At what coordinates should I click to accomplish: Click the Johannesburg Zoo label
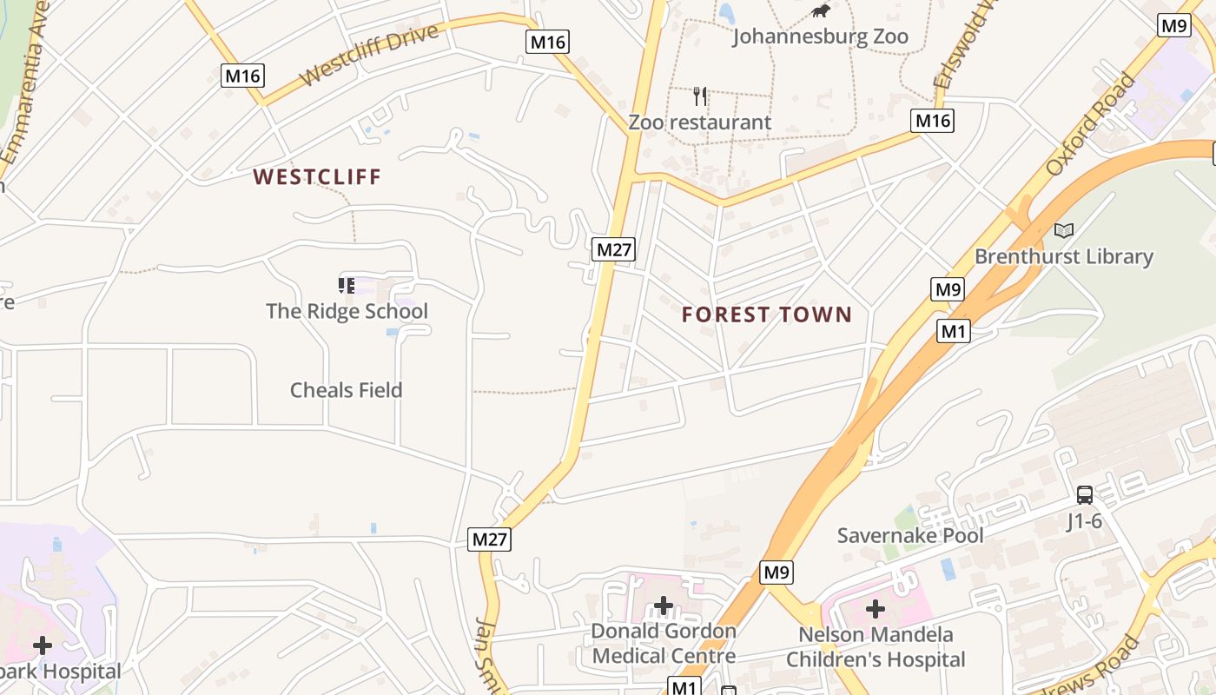(x=820, y=36)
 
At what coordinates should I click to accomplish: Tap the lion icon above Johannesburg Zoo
(x=820, y=11)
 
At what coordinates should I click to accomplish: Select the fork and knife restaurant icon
(x=700, y=96)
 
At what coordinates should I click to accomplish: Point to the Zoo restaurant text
(x=699, y=122)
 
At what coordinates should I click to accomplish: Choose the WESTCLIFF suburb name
(x=317, y=177)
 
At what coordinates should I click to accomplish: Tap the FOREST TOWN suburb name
(x=767, y=314)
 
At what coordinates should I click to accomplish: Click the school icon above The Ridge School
(x=347, y=285)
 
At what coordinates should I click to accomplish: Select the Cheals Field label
(x=346, y=390)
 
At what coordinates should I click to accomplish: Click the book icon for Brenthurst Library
(x=1064, y=230)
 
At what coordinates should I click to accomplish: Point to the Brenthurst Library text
(x=1064, y=257)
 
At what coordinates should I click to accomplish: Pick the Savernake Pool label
(x=910, y=535)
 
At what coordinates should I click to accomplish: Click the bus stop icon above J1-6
(x=1085, y=495)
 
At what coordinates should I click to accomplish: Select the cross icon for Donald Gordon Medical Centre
(x=664, y=605)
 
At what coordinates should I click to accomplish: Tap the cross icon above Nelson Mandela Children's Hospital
(x=875, y=608)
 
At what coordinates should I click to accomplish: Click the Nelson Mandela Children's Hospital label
(x=876, y=647)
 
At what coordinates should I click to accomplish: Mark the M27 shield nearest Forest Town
(x=615, y=250)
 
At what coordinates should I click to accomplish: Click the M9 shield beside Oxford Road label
(x=1174, y=26)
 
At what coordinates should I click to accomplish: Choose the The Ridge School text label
(x=347, y=311)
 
